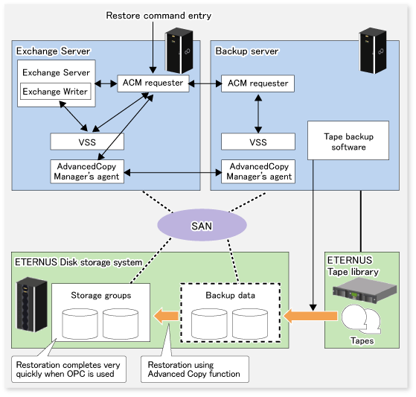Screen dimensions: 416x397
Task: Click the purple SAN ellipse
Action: [x=202, y=225]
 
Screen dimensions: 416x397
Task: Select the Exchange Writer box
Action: [x=56, y=92]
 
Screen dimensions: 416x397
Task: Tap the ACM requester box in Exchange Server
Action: [x=153, y=83]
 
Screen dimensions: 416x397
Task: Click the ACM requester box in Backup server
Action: [x=257, y=83]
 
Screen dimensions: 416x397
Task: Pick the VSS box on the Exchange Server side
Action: [x=87, y=142]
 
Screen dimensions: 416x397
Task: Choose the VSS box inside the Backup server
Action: [x=258, y=142]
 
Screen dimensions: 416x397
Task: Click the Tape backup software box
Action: [x=348, y=141]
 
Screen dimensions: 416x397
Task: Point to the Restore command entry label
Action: [x=159, y=16]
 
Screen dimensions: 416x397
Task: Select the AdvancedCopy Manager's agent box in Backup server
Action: [x=258, y=171]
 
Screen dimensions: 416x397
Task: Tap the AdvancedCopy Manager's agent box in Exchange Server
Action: [x=87, y=171]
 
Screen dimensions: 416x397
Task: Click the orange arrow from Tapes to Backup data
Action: [x=310, y=316]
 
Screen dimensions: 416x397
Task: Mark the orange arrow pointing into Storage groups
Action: [x=166, y=316]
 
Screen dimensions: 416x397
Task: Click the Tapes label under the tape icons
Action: [x=362, y=340]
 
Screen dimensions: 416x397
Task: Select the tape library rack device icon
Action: [x=365, y=290]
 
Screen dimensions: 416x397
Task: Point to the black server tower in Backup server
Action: [x=372, y=51]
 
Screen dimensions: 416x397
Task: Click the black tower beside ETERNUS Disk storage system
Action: [x=32, y=305]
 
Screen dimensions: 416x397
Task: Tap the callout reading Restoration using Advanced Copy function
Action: [x=195, y=369]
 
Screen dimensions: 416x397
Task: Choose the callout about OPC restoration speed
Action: [x=68, y=369]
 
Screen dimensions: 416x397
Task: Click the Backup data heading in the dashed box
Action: [x=230, y=295]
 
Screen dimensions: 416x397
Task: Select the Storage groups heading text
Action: [x=100, y=295]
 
